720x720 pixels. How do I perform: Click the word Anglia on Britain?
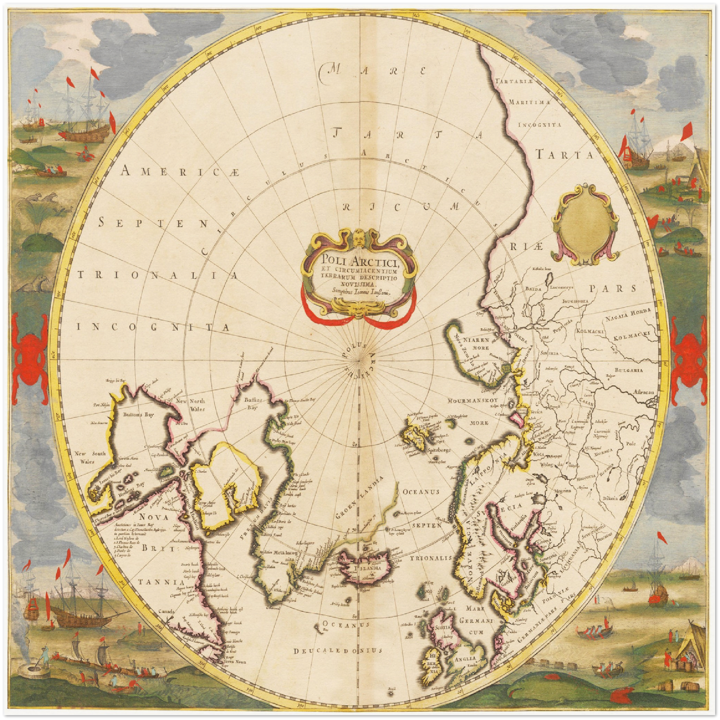(x=464, y=659)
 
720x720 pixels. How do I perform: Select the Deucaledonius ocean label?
(x=337, y=650)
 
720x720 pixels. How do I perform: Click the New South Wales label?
(x=90, y=457)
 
